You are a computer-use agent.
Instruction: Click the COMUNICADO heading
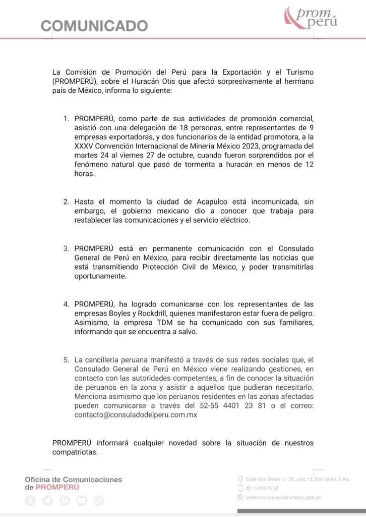(x=94, y=25)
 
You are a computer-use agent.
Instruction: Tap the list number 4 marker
(x=66, y=304)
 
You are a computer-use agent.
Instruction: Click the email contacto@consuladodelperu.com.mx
(x=135, y=415)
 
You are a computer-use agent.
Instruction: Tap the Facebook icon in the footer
(x=31, y=500)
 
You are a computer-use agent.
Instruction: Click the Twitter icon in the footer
(x=48, y=500)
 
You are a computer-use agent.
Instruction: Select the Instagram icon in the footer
(x=99, y=500)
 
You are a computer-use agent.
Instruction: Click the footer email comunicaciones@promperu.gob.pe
(x=283, y=497)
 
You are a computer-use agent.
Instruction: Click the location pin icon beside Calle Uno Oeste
(x=240, y=479)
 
